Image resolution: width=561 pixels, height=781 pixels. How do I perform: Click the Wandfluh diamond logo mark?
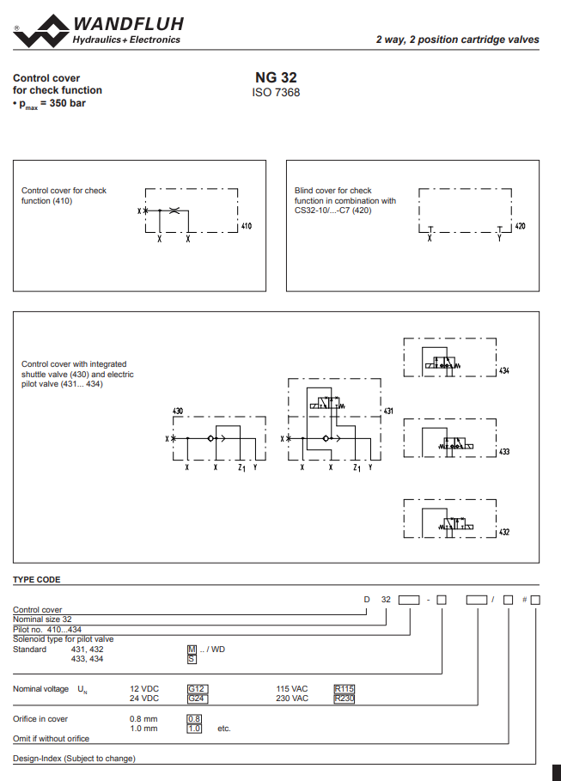pos(42,31)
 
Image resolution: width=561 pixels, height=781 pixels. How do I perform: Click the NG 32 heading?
pos(276,77)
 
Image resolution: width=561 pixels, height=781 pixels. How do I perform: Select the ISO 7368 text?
pos(276,93)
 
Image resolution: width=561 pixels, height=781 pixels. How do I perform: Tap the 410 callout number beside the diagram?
pos(247,226)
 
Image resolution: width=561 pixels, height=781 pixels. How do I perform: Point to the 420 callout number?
pos(520,226)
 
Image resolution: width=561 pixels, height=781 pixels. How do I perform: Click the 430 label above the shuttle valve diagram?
pos(178,411)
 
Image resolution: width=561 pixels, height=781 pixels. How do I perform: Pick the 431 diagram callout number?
pos(388,411)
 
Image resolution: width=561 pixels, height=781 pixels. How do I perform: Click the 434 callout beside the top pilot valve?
pos(504,370)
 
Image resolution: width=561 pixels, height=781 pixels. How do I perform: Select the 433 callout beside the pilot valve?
pos(504,452)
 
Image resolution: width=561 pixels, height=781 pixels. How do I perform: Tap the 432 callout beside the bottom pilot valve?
pos(504,532)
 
